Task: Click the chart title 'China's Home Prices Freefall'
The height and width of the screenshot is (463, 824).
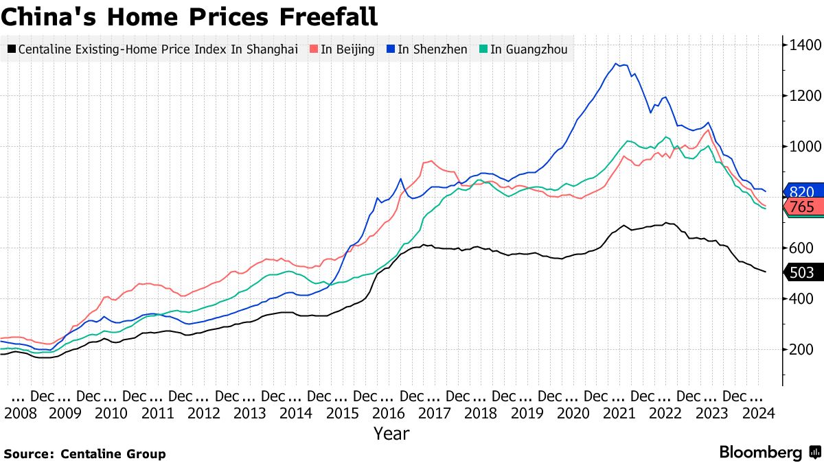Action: click(x=189, y=16)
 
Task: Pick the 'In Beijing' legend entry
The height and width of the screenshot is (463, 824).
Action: click(x=343, y=49)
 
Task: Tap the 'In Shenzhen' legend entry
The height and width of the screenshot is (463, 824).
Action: click(x=426, y=49)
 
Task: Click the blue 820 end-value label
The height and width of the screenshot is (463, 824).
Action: click(x=802, y=192)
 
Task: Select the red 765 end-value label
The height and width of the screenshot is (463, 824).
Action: click(x=802, y=206)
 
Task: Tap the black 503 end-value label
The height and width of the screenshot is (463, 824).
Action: click(x=802, y=273)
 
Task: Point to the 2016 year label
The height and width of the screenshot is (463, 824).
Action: click(x=389, y=413)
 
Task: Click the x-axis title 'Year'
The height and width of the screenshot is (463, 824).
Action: click(x=391, y=434)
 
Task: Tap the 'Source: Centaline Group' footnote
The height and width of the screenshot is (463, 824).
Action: click(x=85, y=453)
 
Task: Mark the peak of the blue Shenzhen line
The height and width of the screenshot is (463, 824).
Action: click(x=616, y=64)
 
